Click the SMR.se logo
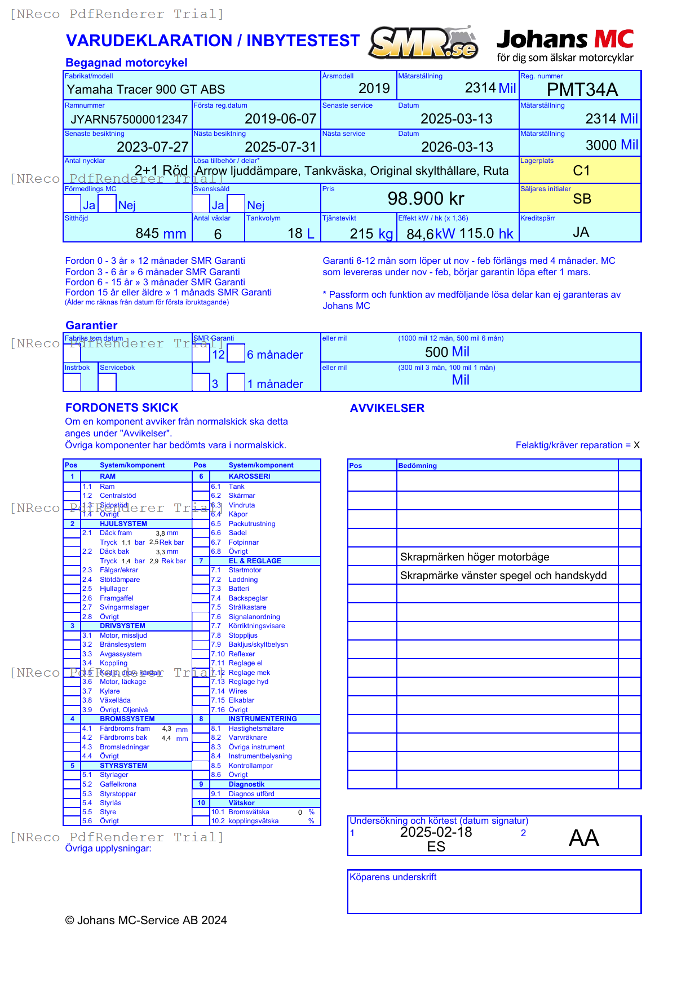coord(423,43)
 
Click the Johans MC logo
coord(565,45)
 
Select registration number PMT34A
coord(582,90)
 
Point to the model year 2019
coord(374,89)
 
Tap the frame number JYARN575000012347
coord(129,120)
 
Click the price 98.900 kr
coord(426,198)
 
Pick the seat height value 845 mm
coord(161,233)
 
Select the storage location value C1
coord(581,171)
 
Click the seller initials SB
coord(582,199)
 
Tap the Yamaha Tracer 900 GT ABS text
coord(146,90)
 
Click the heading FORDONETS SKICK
coord(122,408)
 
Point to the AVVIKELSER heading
coord(387,408)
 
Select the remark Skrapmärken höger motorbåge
coord(475,557)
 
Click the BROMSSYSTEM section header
coord(127,719)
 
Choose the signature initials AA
coord(583,838)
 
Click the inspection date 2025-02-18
coord(436,832)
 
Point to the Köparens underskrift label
coord(393,877)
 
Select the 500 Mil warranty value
coord(447,352)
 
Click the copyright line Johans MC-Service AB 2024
coord(146,920)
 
